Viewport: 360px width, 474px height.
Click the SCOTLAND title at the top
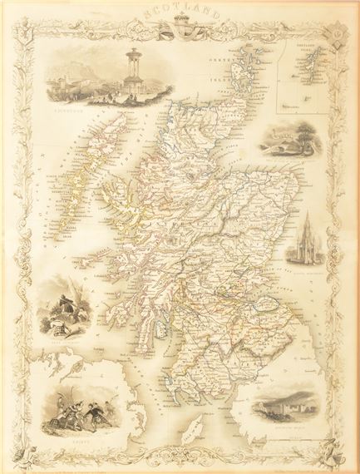click(180, 15)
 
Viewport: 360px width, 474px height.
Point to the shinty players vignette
click(73, 399)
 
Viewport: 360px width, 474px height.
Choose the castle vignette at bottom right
click(291, 406)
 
